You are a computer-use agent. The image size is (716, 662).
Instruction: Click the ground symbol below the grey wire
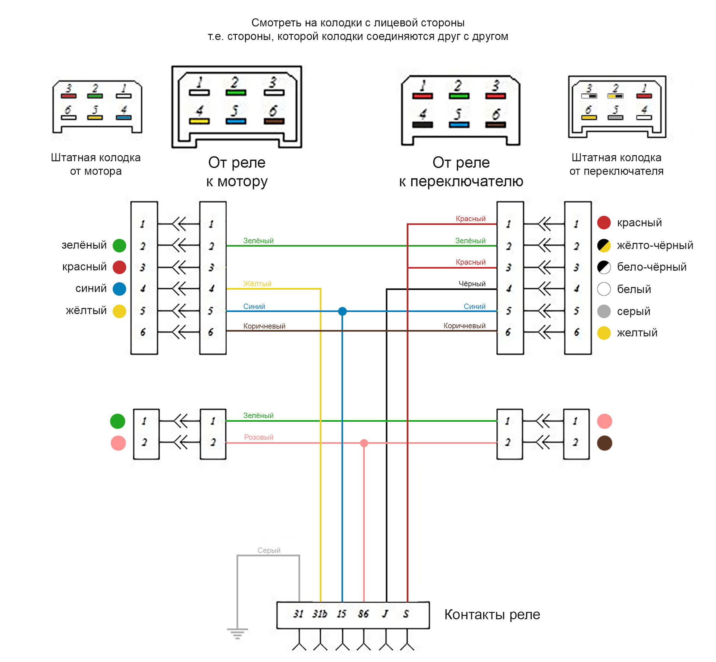tap(237, 633)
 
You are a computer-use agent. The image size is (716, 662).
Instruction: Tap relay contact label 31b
tap(320, 614)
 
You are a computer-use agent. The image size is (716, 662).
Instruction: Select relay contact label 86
tap(363, 614)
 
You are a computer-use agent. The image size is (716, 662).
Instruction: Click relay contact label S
tap(406, 614)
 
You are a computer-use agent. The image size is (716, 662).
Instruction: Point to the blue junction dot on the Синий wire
tap(342, 311)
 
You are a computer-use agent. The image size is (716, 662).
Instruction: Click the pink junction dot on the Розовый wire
tap(364, 443)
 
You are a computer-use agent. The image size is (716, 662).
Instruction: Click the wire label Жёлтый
tap(257, 284)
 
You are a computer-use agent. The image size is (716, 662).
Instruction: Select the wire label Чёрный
tap(472, 284)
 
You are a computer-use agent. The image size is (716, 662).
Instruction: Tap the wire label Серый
tap(269, 550)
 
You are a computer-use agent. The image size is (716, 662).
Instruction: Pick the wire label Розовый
tap(258, 437)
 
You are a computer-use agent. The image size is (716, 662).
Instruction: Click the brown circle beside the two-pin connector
tap(604, 443)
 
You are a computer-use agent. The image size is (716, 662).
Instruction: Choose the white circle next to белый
tap(604, 289)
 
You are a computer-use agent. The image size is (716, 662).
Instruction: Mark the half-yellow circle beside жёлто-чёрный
tap(604, 245)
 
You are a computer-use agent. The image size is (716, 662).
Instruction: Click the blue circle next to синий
tap(119, 289)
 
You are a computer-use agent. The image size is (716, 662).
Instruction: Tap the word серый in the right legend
tap(634, 311)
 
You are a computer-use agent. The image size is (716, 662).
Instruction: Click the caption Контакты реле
tap(492, 615)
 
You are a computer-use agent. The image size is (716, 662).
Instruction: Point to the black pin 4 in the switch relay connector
tap(423, 125)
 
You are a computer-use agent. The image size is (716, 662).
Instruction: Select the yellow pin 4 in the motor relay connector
tap(199, 121)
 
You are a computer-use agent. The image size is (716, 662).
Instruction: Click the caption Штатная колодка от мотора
tap(96, 164)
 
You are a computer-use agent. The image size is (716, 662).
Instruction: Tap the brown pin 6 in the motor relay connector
tap(274, 121)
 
